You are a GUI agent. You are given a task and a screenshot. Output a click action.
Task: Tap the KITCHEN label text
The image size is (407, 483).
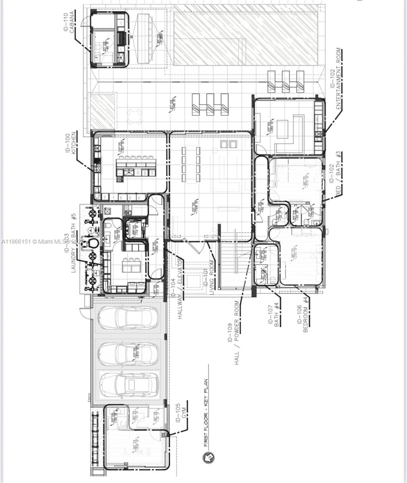tap(73, 143)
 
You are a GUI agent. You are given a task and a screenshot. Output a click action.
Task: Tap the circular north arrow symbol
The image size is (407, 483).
tap(209, 457)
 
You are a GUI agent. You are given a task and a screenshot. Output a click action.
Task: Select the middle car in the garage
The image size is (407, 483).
tap(125, 353)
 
